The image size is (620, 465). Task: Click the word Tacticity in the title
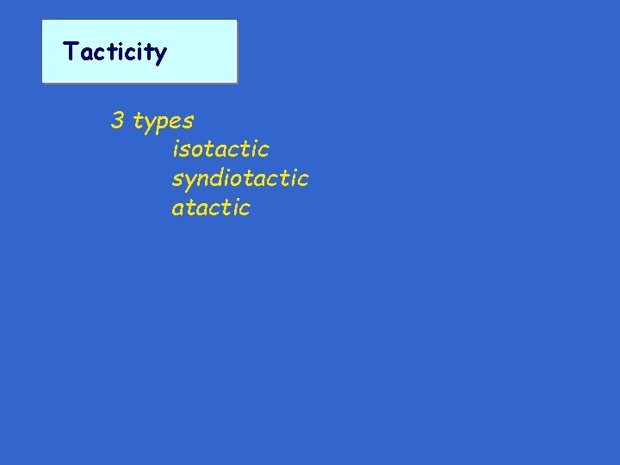pyautogui.click(x=115, y=53)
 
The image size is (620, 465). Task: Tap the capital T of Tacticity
pyautogui.click(x=70, y=52)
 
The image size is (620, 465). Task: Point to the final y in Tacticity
pyautogui.click(x=159, y=55)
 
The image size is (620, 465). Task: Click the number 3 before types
pyautogui.click(x=117, y=121)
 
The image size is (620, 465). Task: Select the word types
pyautogui.click(x=163, y=122)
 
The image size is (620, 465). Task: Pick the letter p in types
pyautogui.click(x=160, y=124)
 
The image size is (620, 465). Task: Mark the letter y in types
pyautogui.click(x=148, y=124)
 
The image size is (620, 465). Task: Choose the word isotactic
pyautogui.click(x=220, y=149)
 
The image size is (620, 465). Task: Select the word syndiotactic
pyautogui.click(x=239, y=178)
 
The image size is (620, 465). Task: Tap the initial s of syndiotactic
pyautogui.click(x=177, y=180)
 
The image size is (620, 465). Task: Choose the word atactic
pyautogui.click(x=211, y=208)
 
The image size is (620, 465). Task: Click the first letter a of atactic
pyautogui.click(x=177, y=209)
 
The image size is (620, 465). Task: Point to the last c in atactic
pyautogui.click(x=245, y=209)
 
